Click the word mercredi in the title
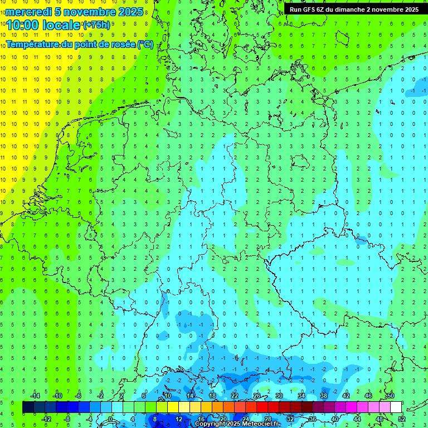[x=28, y=12]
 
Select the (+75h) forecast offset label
[x=96, y=25]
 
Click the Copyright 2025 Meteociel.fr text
[x=237, y=424]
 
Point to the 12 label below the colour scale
[x=179, y=419]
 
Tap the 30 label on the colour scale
[x=279, y=396]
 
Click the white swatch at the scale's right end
[x=396, y=407]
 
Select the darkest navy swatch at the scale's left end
[x=28, y=407]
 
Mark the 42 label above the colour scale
[x=346, y=396]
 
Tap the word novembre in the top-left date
[x=87, y=12]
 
